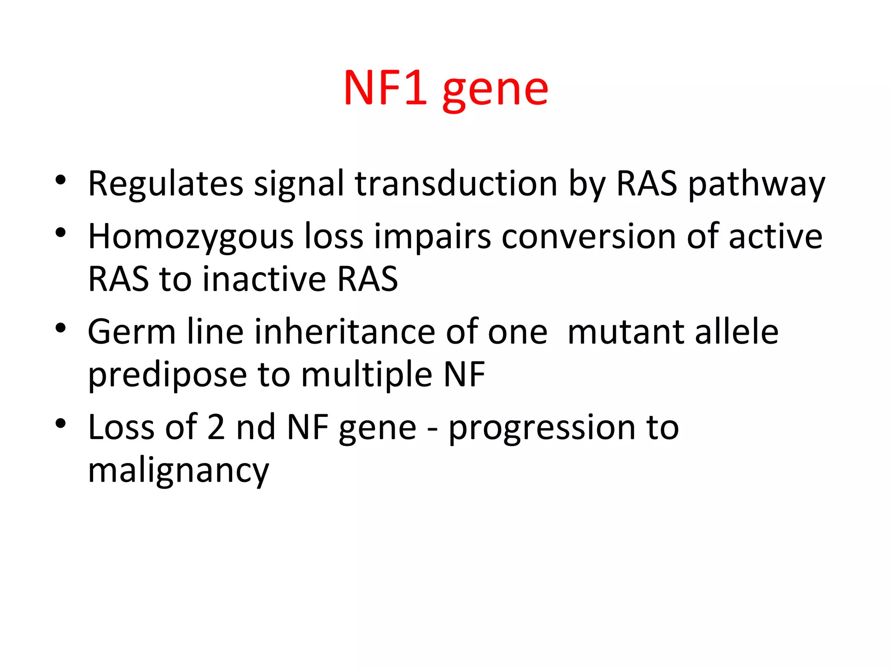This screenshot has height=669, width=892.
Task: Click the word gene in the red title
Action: coord(495,91)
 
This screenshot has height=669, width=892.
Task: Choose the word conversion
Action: coord(588,237)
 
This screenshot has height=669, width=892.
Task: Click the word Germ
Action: coord(131,332)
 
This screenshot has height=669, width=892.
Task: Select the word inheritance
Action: coord(345,332)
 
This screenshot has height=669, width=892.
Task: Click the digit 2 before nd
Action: coord(216,427)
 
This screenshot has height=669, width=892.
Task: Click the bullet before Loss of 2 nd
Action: coord(61,423)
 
